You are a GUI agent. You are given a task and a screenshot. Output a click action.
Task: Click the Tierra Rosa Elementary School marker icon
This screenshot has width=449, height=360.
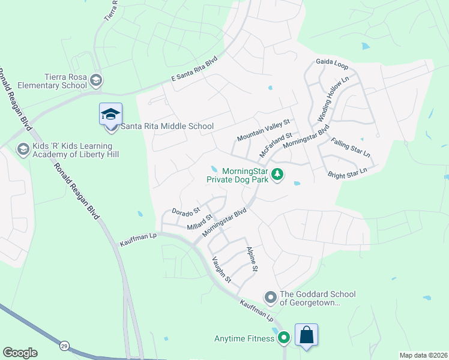click(x=96, y=80)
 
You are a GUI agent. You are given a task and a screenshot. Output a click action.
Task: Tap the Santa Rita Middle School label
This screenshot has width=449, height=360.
click(x=167, y=127)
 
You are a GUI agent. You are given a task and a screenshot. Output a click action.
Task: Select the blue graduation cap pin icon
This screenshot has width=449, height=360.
click(x=110, y=115)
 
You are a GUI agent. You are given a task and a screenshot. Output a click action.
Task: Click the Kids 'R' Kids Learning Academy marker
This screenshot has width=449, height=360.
click(x=23, y=149)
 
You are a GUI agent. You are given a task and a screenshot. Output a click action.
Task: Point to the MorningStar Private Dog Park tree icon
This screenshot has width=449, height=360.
click(x=277, y=175)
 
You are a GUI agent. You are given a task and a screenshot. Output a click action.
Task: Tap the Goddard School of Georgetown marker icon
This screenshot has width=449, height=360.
click(x=270, y=297)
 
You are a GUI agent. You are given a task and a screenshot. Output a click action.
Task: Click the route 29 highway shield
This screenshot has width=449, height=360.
click(x=64, y=345)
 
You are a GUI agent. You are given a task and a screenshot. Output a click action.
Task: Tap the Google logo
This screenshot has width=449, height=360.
click(x=20, y=353)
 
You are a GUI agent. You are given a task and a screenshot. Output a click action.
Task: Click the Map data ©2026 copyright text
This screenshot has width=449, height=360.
click(x=423, y=355)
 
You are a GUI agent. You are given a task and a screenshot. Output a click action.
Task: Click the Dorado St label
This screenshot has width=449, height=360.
click(x=185, y=212)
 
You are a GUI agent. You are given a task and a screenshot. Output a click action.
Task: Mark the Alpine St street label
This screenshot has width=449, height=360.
click(x=251, y=259)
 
